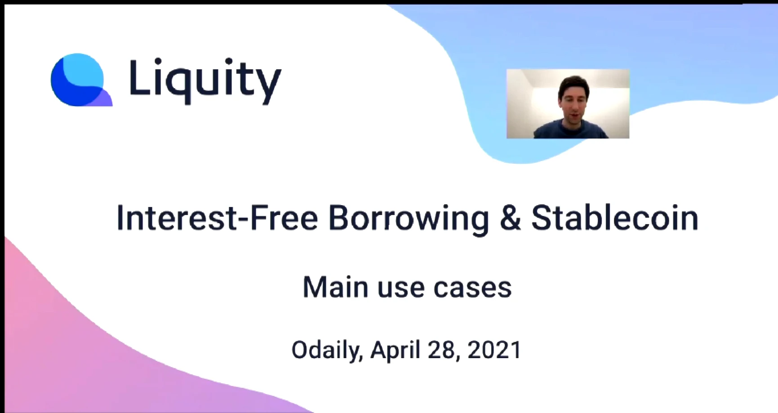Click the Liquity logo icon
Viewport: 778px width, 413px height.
[x=81, y=80]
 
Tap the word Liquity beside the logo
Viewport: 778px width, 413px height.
[x=205, y=81]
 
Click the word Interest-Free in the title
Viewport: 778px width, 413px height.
[x=218, y=218]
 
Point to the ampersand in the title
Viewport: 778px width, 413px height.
[x=510, y=218]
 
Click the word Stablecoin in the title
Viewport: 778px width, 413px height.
[x=615, y=218]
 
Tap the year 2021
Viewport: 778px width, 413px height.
[x=494, y=350]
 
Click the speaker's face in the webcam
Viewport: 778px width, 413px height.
[x=571, y=104]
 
